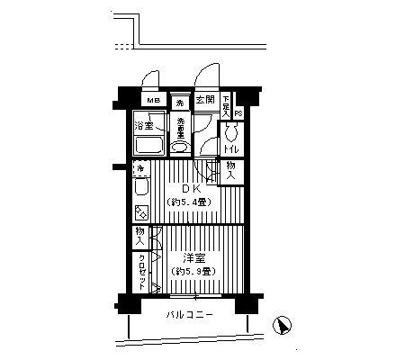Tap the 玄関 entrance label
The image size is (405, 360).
click(203, 100)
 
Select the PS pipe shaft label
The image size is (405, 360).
click(238, 113)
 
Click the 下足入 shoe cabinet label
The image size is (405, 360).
click(226, 106)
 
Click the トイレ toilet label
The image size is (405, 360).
click(231, 149)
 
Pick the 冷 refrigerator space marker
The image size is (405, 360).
click(140, 168)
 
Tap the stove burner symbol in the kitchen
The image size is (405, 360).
click(141, 212)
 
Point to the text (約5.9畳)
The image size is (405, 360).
click(192, 270)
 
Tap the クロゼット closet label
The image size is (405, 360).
click(142, 268)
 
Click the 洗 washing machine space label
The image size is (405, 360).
click(180, 100)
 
